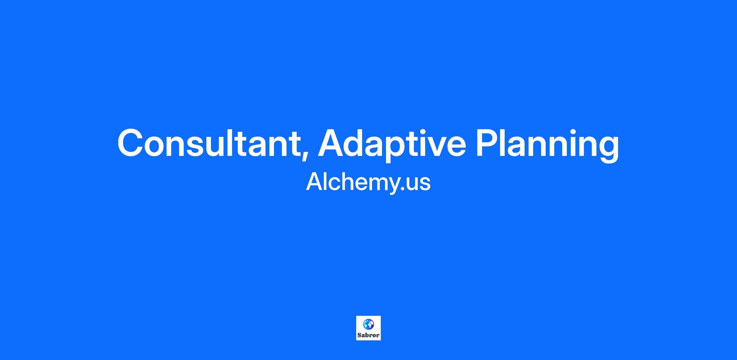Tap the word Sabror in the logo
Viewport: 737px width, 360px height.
pyautogui.click(x=368, y=335)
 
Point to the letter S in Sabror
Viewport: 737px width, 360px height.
pyautogui.click(x=359, y=335)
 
